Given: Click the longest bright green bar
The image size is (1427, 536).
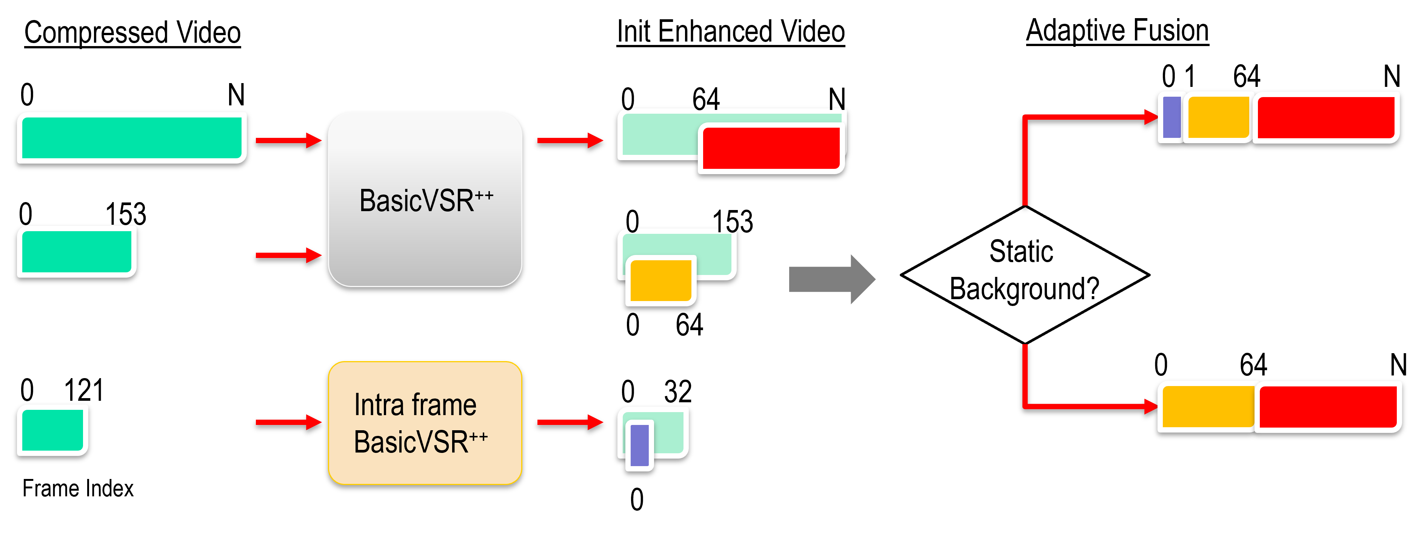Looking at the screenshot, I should [x=132, y=137].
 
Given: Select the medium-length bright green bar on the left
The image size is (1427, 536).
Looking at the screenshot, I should [x=77, y=252].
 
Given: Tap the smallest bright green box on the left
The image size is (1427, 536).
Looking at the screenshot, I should [x=52, y=430].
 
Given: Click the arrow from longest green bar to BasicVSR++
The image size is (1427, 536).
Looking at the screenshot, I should [x=288, y=140].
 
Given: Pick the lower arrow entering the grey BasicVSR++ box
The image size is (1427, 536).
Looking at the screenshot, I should [x=288, y=255].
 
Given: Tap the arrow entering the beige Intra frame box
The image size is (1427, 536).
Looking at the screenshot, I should [x=288, y=422].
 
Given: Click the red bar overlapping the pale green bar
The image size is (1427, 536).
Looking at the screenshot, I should [x=771, y=148].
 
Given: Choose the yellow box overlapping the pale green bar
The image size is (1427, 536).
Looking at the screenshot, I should [x=661, y=281].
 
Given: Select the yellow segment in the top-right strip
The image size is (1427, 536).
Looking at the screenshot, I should [x=1218, y=117].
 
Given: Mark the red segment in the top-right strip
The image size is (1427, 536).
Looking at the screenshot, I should [x=1326, y=117].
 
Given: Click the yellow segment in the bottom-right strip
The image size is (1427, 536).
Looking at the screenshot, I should [x=1208, y=406].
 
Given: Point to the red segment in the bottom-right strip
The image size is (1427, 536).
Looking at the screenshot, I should [x=1328, y=406].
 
